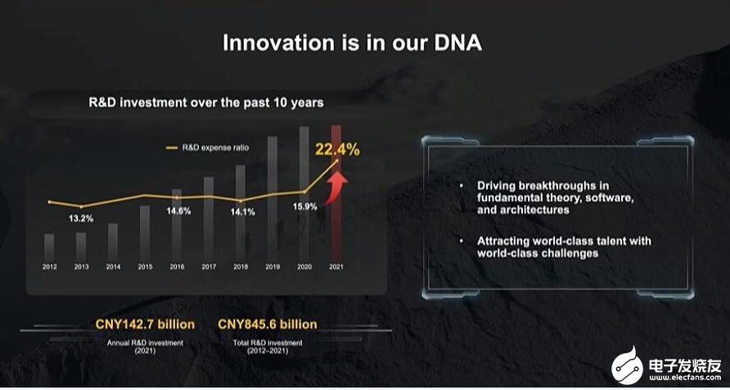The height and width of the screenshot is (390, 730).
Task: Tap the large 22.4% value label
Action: (337, 150)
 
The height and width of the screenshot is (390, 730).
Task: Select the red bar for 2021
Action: (336, 193)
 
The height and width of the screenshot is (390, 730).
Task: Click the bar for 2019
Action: (273, 198)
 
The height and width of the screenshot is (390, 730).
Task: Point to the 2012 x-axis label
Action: (50, 267)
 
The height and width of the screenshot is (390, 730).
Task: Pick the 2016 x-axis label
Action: (177, 267)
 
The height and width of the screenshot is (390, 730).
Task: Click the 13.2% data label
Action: (81, 218)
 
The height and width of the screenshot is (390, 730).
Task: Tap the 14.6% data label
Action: (178, 211)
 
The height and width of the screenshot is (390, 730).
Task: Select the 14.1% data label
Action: (242, 212)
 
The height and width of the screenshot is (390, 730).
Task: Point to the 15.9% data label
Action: (305, 206)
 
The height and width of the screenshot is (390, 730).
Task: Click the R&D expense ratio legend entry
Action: (208, 147)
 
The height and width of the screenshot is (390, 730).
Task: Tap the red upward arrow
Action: (336, 188)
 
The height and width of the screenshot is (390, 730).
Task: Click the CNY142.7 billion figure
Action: (145, 324)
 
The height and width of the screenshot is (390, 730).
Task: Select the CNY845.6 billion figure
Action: (268, 324)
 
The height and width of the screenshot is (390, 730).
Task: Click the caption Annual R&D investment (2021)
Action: (145, 347)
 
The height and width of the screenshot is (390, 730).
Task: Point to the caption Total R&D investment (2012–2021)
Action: (268, 347)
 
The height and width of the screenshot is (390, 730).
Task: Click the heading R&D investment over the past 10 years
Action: (206, 102)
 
